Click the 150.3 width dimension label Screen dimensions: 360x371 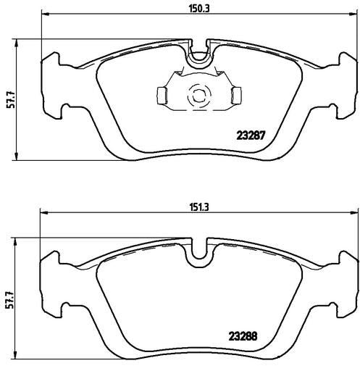pos(199,9)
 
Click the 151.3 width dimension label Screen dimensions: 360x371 pos(199,207)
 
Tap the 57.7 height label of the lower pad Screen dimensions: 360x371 pos(9,299)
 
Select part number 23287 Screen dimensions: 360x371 pos(251,136)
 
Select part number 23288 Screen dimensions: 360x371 pos(243,336)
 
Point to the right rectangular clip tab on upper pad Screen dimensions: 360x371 pos(236,96)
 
